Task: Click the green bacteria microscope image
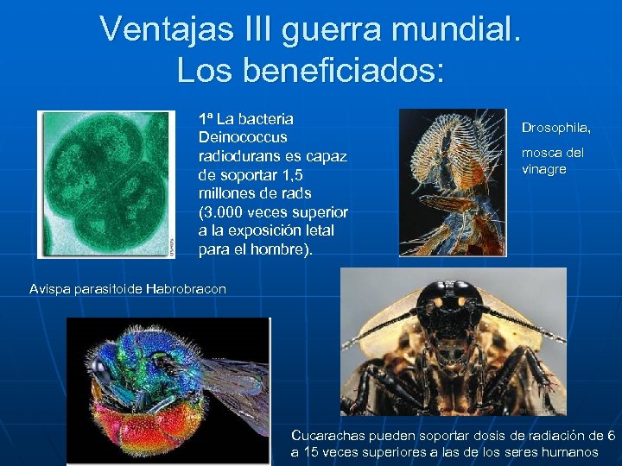[105, 184]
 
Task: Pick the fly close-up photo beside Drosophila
[452, 182]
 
